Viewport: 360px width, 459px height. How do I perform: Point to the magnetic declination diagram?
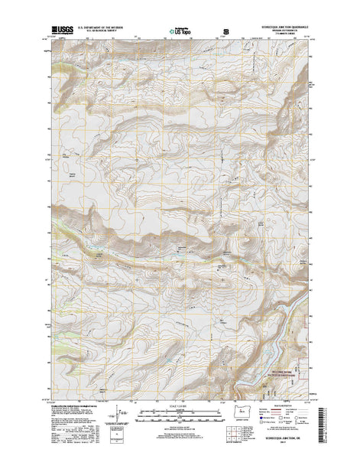tap(116, 416)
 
